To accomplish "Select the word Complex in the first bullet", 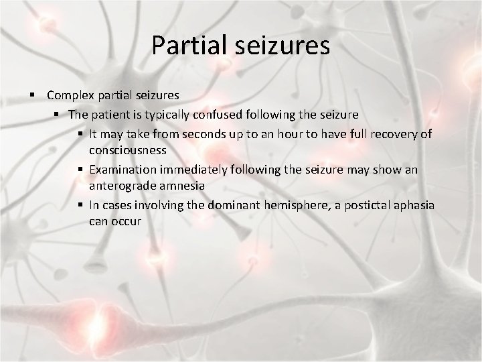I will pyautogui.click(x=70, y=96).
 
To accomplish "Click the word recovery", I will pyautogui.click(x=396, y=134).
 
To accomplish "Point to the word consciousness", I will pyautogui.click(x=128, y=151).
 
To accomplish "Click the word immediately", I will pyautogui.click(x=193, y=170).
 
